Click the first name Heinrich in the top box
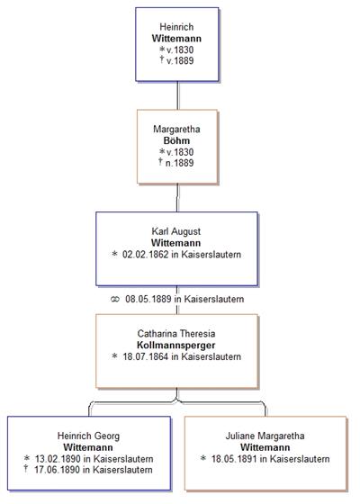176,27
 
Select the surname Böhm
176,140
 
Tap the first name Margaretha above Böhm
176,130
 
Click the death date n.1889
179,163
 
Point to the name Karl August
176,231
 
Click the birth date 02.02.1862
145,255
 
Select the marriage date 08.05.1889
148,299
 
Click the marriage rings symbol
115,300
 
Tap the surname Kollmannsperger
176,346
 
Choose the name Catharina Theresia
176,334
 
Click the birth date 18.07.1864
146,356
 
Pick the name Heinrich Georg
88,436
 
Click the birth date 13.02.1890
58,459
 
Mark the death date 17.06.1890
58,470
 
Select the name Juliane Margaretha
265,436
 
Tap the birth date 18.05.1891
234,459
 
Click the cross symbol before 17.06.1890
26,469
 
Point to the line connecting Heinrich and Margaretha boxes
178,95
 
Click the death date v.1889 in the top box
180,61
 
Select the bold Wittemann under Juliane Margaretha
265,447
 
